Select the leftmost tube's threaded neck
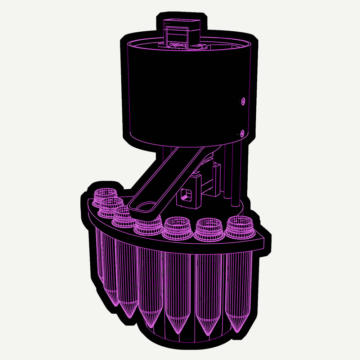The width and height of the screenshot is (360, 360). (104, 196)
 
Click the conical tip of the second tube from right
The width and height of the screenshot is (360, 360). (208, 333)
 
